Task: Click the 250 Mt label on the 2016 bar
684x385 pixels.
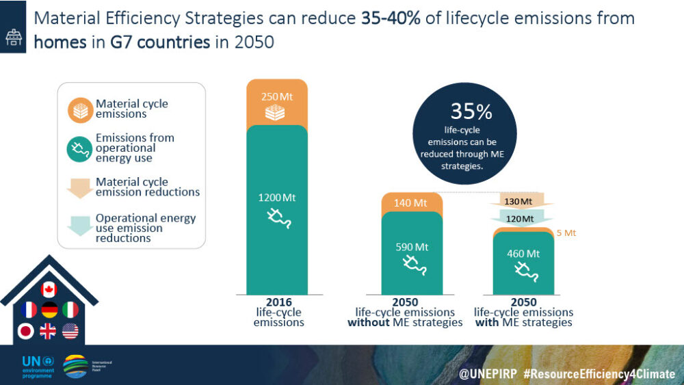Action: (277, 97)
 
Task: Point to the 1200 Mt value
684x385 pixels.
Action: (277, 198)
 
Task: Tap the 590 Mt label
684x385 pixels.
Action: (410, 247)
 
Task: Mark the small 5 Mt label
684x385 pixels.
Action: (566, 233)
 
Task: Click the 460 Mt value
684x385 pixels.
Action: (523, 254)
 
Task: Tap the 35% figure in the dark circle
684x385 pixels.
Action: (471, 111)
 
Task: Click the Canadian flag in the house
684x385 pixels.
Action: (49, 289)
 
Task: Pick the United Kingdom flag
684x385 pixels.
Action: (49, 332)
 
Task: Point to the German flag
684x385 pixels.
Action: (49, 310)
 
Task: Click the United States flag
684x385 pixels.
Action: (70, 332)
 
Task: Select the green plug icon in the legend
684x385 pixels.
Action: (81, 148)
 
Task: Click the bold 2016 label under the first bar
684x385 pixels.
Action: (278, 302)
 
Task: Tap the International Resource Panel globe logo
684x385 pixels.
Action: (75, 366)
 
